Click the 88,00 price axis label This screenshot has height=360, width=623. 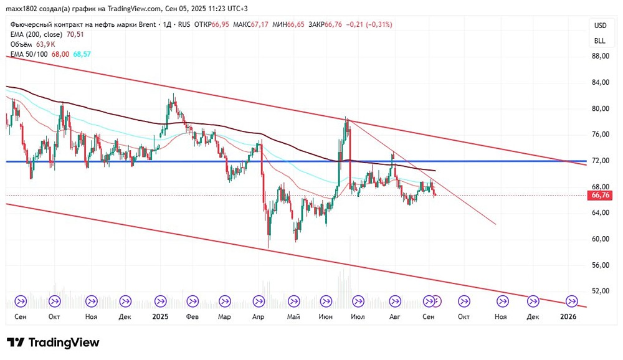tap(600, 56)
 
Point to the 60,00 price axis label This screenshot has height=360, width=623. tap(600, 239)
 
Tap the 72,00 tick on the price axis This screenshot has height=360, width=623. tap(600, 161)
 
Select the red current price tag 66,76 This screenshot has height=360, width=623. tap(599, 195)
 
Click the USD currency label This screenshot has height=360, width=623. tap(600, 26)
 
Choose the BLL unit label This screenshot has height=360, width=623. tap(600, 40)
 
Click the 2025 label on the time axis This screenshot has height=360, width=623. tap(160, 316)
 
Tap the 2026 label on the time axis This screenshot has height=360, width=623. tap(568, 316)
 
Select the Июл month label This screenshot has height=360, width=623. tap(358, 316)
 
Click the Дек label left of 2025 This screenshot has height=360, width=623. tap(125, 316)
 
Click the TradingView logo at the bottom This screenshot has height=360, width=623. tap(54, 343)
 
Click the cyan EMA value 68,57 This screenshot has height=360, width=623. tap(82, 54)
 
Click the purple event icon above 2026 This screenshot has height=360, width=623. tap(571, 301)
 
